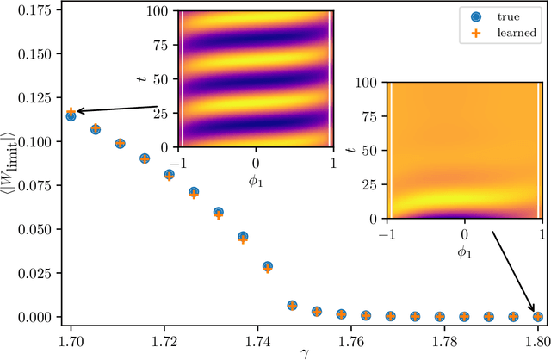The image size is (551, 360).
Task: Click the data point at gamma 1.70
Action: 71,114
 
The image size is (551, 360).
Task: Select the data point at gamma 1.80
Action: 538,316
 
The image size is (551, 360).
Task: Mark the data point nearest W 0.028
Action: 268,267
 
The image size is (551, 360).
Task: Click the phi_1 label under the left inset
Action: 256,179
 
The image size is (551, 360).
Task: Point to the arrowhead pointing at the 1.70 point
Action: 77,111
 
